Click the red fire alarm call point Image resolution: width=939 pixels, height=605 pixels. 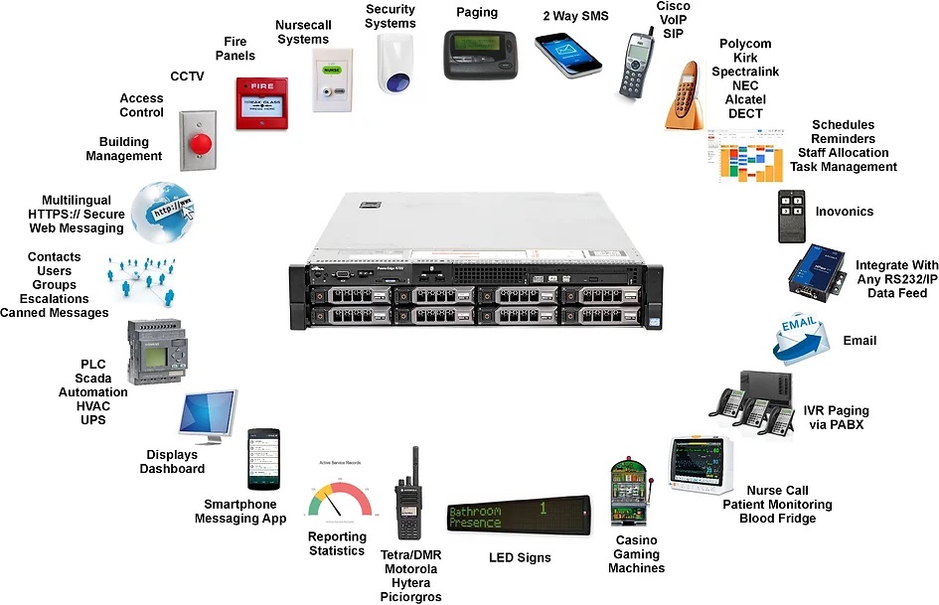pos(261,103)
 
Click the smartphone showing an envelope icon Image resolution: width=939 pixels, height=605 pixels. pos(567,54)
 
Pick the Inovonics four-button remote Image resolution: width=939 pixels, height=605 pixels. pos(793,217)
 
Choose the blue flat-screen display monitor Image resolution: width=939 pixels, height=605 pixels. pos(209,416)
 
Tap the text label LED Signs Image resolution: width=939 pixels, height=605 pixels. pos(519,557)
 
